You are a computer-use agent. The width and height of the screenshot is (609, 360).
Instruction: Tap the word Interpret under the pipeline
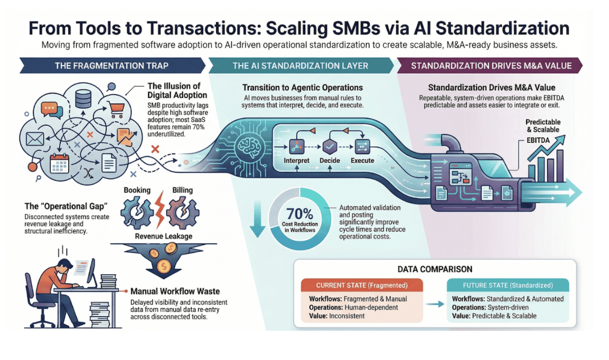296,160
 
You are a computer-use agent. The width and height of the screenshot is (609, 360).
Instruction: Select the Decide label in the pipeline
330,160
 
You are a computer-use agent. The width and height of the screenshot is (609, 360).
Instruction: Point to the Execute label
362,160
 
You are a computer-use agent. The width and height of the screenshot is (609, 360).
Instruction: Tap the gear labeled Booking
137,209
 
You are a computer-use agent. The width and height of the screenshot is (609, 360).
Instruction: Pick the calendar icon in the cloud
59,163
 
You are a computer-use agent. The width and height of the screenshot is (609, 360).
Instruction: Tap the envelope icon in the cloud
34,139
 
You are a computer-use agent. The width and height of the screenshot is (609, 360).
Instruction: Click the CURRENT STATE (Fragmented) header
361,285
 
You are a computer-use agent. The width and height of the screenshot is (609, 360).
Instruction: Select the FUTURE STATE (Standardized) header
508,285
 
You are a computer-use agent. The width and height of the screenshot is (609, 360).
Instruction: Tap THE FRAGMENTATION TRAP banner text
111,66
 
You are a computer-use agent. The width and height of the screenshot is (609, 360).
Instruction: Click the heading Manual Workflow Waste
175,291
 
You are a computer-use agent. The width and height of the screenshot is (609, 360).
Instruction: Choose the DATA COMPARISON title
435,269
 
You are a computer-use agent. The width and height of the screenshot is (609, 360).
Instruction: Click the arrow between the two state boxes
434,303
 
